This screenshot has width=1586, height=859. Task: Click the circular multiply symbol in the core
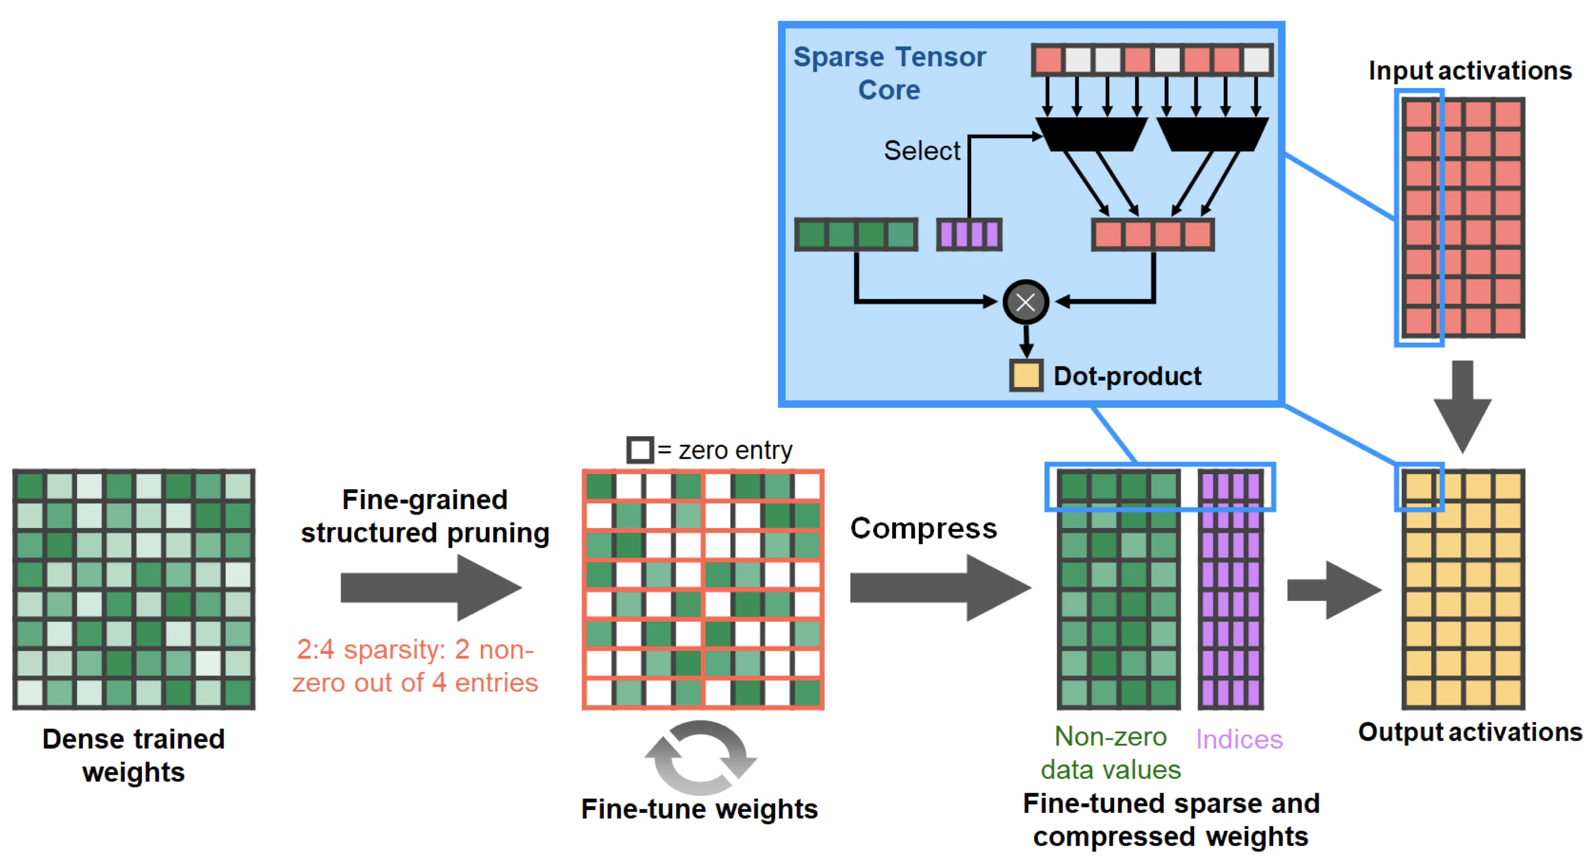click(x=1026, y=302)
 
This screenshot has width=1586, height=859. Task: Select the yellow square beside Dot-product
click(x=1026, y=376)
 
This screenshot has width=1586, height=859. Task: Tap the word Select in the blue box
click(x=922, y=151)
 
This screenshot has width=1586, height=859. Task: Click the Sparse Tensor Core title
click(x=889, y=73)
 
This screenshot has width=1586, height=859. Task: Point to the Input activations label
click(x=1470, y=71)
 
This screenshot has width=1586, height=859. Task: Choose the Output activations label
click(x=1470, y=732)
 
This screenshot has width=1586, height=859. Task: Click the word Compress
click(x=924, y=529)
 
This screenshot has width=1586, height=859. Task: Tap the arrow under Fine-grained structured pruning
click(x=431, y=588)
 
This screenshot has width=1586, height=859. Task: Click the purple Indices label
click(x=1239, y=739)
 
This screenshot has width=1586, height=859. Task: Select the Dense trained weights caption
click(x=134, y=756)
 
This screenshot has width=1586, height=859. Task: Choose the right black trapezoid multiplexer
click(x=1212, y=134)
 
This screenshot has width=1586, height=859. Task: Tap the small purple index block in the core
click(x=969, y=234)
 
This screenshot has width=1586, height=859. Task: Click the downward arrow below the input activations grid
click(x=1462, y=406)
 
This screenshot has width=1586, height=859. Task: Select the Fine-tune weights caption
click(x=700, y=809)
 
